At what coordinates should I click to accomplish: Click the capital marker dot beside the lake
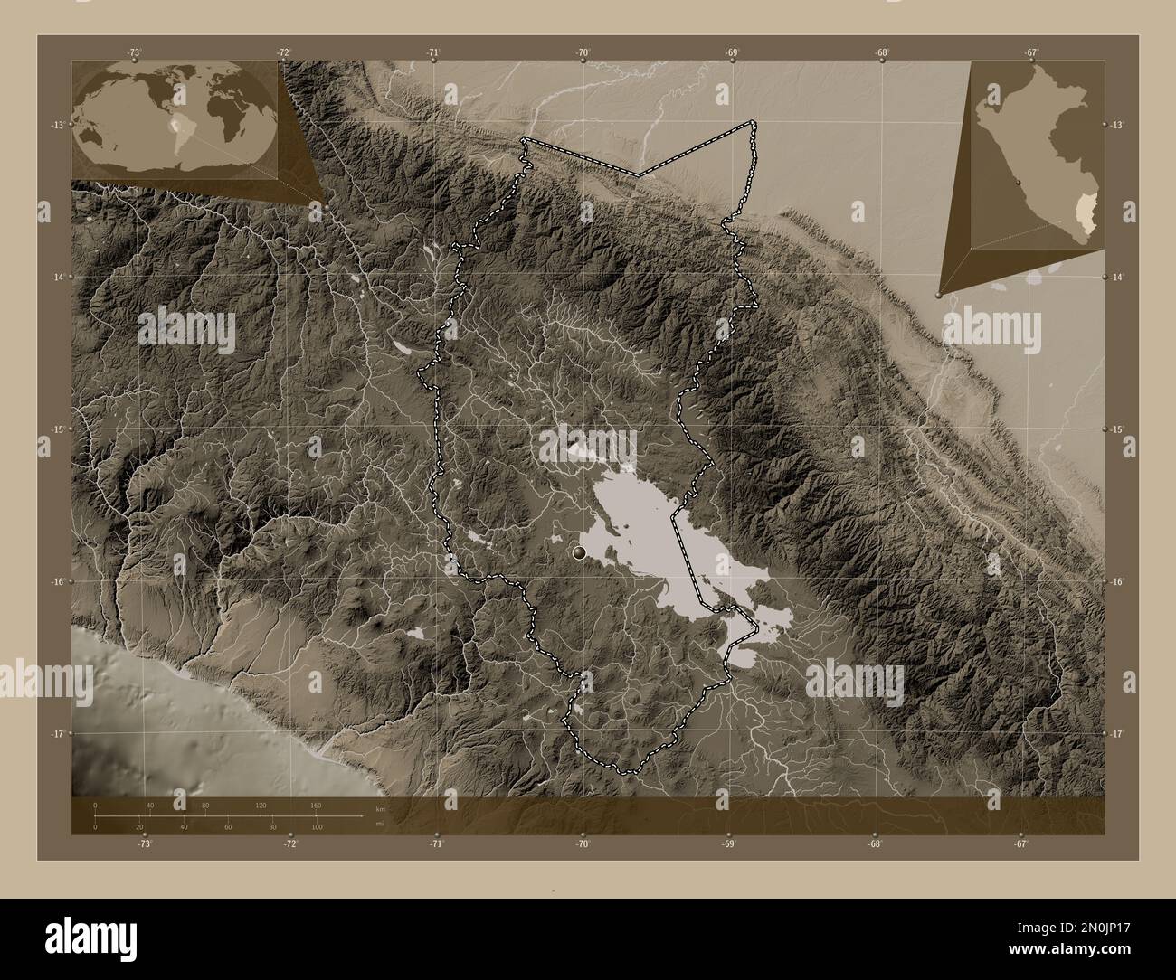coord(580,552)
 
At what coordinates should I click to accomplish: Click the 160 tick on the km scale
coord(316,806)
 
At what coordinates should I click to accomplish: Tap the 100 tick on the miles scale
coord(317,826)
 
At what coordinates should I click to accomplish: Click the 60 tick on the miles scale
coord(228,826)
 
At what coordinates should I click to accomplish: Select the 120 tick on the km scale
coord(261,806)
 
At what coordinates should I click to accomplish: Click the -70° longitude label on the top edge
coord(583,52)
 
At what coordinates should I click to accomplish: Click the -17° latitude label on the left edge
coord(56,734)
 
